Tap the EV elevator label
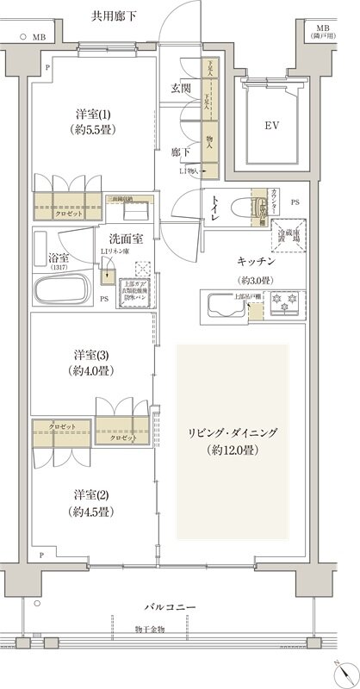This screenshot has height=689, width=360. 272,124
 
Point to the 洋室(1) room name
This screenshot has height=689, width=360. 91,115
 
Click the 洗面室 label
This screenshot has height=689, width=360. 125,238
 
